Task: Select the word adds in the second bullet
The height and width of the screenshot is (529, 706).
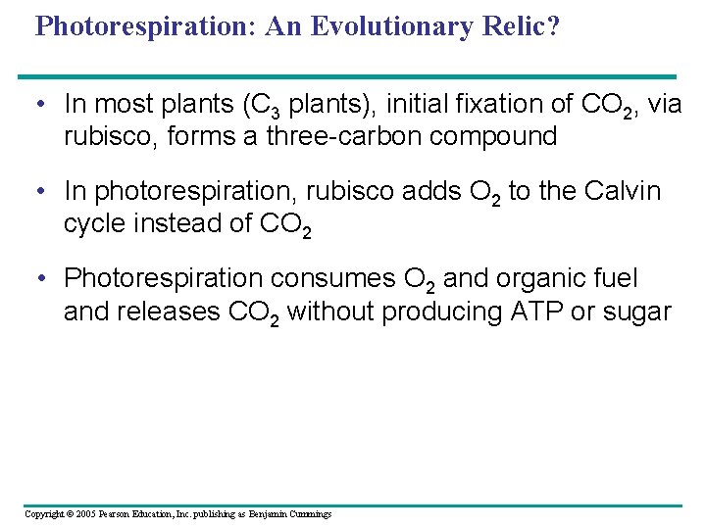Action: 371,191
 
